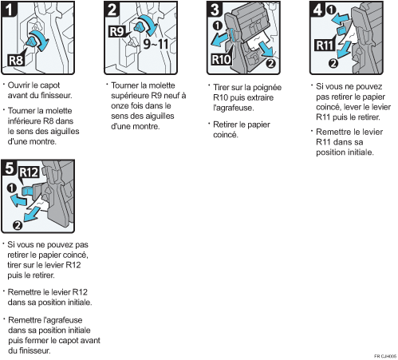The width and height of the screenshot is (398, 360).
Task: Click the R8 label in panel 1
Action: coord(16,60)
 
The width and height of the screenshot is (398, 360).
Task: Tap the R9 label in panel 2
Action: coord(117,31)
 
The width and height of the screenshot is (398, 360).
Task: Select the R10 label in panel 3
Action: coord(222,59)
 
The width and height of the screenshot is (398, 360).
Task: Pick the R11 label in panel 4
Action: coord(325,45)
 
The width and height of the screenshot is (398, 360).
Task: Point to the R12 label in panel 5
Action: coord(29,172)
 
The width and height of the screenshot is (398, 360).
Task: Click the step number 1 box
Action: coord(10,10)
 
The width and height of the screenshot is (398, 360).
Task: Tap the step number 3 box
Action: coord(215,10)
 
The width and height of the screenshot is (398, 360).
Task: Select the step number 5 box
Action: coord(10,168)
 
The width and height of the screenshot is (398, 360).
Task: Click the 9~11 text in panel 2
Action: coord(156,43)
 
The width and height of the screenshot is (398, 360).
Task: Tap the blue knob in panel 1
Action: coord(31,42)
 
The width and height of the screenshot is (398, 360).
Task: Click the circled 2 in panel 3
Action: coord(270,63)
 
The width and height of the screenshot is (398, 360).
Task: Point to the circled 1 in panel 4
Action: coord(331,10)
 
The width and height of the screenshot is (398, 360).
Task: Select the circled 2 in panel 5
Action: coord(18,225)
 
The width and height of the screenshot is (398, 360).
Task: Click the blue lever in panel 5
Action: coord(27,191)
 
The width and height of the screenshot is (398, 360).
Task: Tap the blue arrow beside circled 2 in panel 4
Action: coord(344,49)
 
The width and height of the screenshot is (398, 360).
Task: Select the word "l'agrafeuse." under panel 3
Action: coord(234,108)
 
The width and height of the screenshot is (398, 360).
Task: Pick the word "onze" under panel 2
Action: coord(120,106)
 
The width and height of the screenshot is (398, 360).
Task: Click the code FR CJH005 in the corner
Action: coord(385,356)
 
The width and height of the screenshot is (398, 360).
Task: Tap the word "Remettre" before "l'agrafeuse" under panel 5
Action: coord(26,320)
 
